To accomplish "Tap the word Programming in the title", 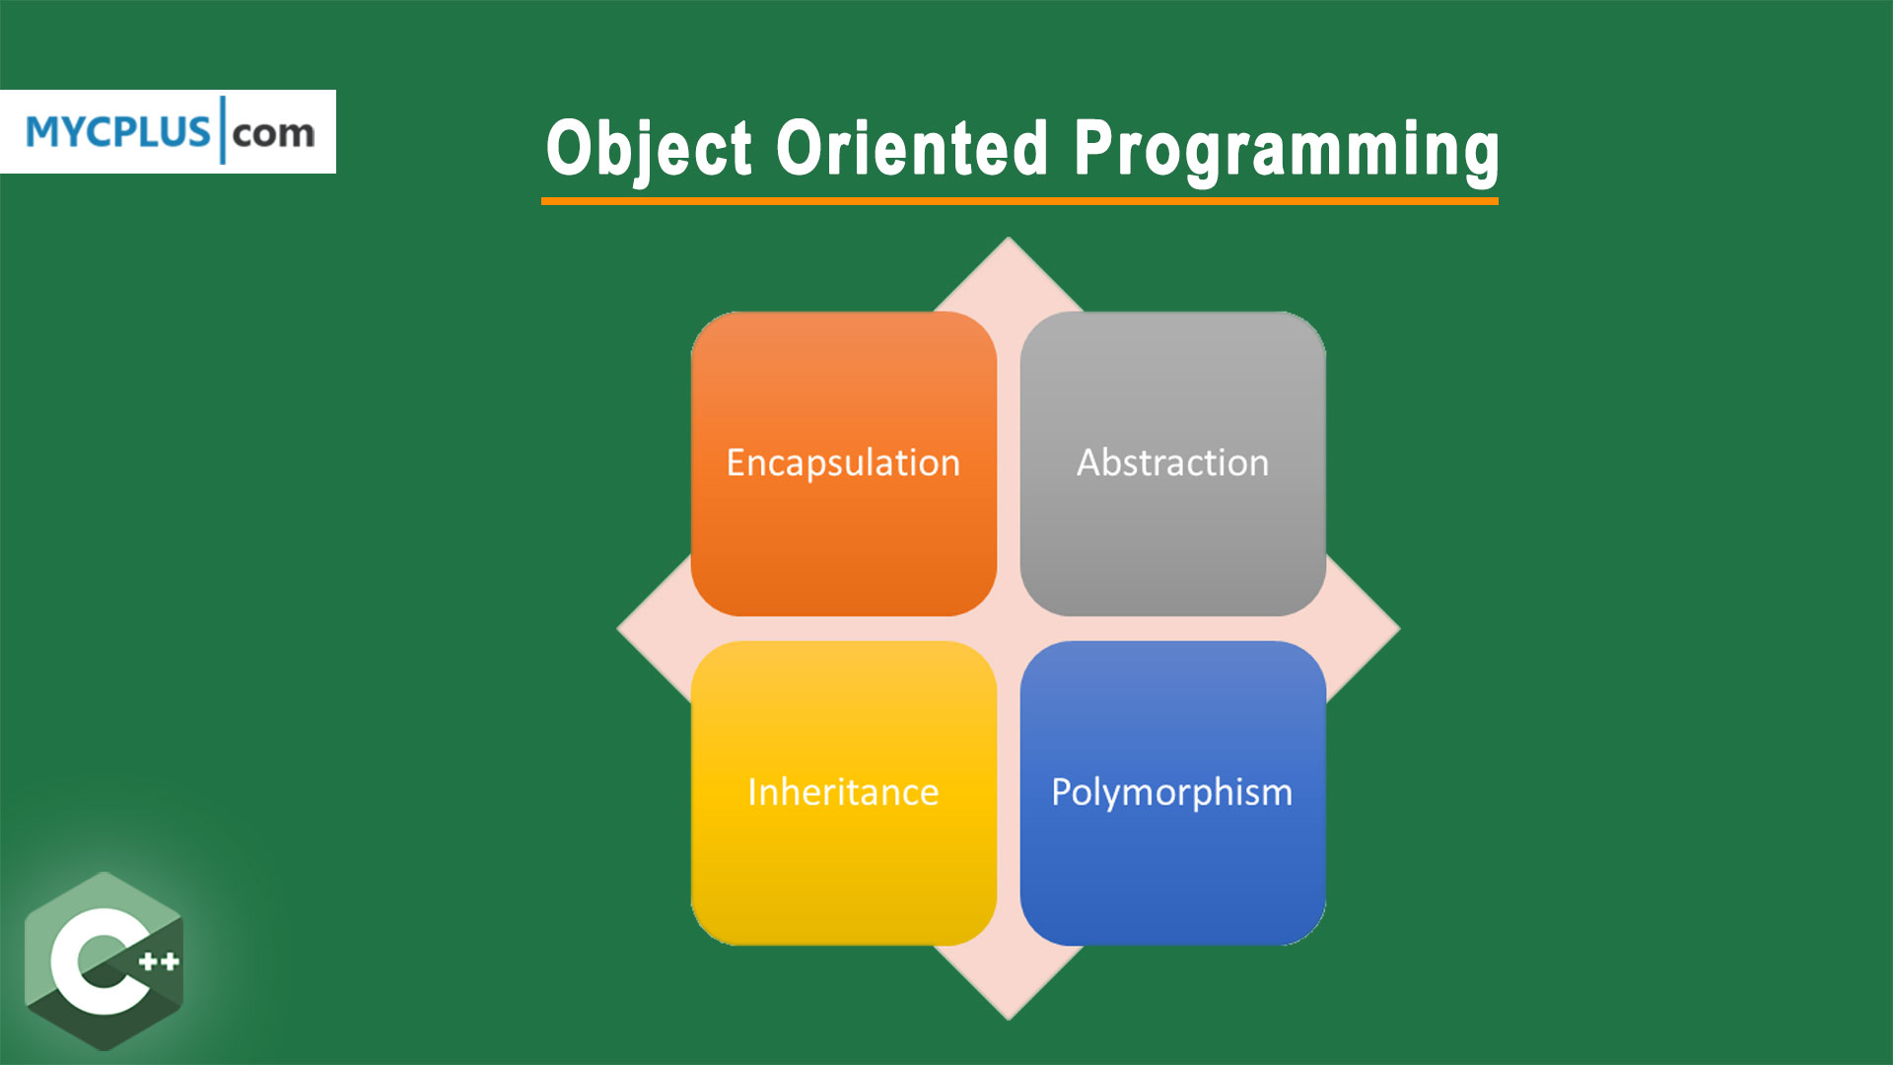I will (x=1286, y=150).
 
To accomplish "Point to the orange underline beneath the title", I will (x=1019, y=201).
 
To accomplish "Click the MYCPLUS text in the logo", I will (x=118, y=132).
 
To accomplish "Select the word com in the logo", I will (x=274, y=132).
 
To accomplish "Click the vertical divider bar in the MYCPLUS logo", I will (x=223, y=130).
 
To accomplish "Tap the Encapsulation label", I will (x=843, y=462).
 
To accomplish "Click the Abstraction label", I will (x=1172, y=462).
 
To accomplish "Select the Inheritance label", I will (x=843, y=792).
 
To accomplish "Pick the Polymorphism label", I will (x=1171, y=792).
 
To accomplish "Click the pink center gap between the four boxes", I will (x=1008, y=628).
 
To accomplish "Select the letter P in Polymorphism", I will (x=1060, y=791).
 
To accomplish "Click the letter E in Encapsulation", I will (x=736, y=462).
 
